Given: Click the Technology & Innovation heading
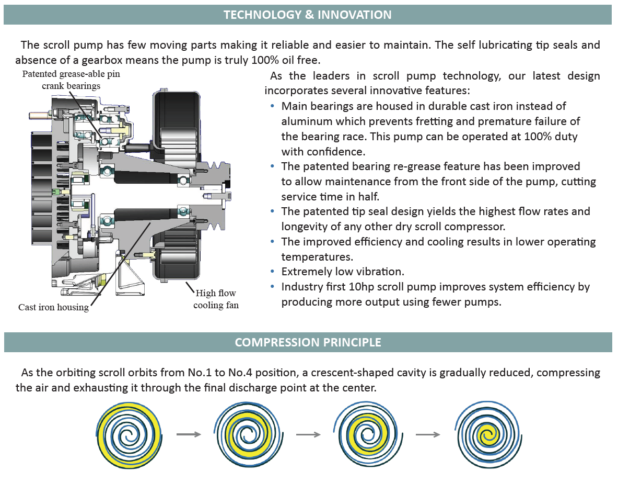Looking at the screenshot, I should (x=307, y=15).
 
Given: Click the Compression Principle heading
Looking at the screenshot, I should (x=308, y=342).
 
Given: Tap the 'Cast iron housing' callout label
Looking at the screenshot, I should (x=53, y=307).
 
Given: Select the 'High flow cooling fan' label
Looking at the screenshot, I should (x=216, y=299).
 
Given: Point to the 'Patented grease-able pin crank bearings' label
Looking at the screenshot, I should (x=71, y=80).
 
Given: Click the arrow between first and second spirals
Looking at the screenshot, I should (x=188, y=434).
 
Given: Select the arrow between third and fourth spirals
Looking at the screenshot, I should (x=427, y=434).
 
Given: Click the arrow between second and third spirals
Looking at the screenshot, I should (x=308, y=434).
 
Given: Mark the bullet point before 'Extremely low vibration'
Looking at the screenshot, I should (x=273, y=272).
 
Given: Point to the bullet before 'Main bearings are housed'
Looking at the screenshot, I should (x=273, y=106).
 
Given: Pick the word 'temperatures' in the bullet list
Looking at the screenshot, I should (x=317, y=257).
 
